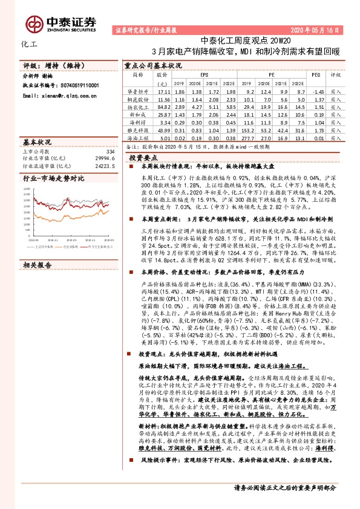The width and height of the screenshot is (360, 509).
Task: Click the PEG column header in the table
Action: click(x=315, y=76)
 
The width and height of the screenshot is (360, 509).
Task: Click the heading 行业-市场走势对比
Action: click(x=53, y=179)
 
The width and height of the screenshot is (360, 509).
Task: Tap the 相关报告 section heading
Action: click(x=38, y=248)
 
